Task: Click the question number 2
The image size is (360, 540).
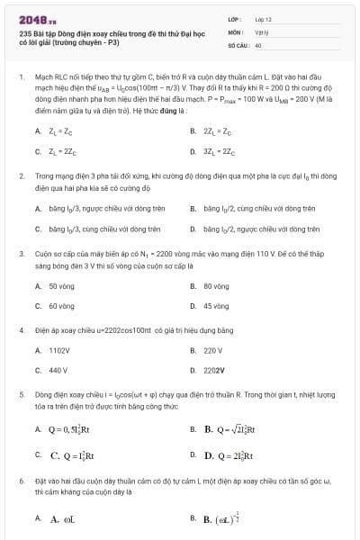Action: coord(21,179)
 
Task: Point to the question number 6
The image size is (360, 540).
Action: coord(21,482)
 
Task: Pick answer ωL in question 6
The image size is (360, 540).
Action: coord(62,519)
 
